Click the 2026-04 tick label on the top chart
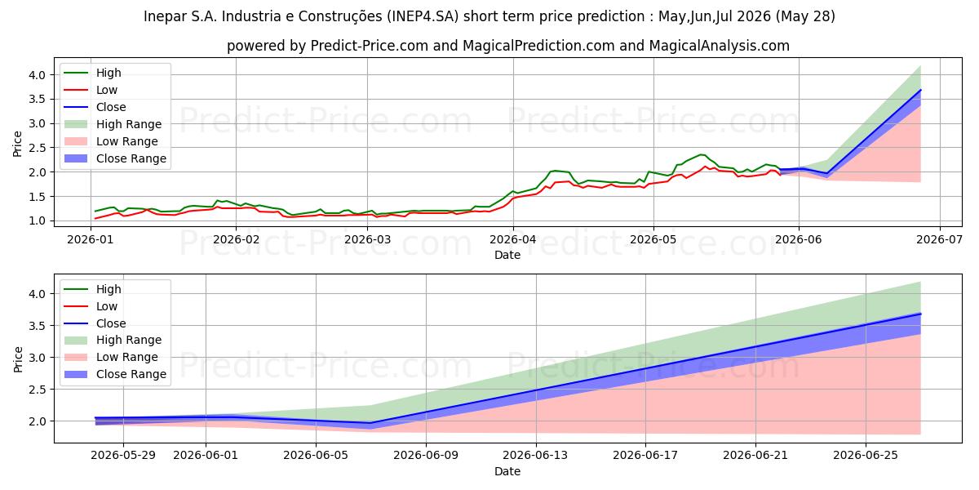(x=513, y=240)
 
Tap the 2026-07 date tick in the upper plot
(x=939, y=240)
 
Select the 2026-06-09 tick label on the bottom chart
(x=426, y=456)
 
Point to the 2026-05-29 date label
(x=123, y=456)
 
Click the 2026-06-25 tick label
(x=866, y=456)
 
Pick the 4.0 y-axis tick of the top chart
(x=38, y=75)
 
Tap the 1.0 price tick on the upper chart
(x=38, y=221)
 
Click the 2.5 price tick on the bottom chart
(x=38, y=390)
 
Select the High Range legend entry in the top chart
(x=113, y=124)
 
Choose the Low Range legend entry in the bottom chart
(x=111, y=357)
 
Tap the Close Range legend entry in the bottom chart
(x=115, y=374)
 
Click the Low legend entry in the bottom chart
(x=91, y=306)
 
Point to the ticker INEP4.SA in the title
(x=423, y=16)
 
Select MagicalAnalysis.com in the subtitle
(x=719, y=46)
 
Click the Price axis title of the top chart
(x=17, y=144)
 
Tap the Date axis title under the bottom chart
(x=507, y=471)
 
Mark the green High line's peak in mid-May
(x=701, y=154)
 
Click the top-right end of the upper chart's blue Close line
(x=921, y=90)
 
